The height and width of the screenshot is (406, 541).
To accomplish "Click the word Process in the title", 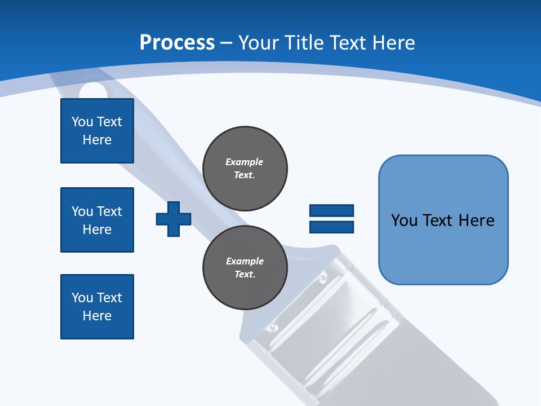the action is [x=177, y=43].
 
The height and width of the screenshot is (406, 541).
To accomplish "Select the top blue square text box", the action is [x=97, y=131].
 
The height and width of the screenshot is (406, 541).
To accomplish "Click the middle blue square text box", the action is [x=97, y=220].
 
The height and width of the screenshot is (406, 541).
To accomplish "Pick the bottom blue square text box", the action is [x=97, y=307].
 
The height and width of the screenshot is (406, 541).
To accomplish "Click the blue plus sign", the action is [x=174, y=219].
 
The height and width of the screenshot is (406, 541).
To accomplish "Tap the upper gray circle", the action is [x=245, y=169].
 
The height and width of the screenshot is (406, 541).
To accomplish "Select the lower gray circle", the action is [x=245, y=267].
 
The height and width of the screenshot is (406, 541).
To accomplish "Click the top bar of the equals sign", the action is [x=331, y=210].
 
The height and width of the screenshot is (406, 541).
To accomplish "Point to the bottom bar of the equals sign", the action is [x=331, y=227].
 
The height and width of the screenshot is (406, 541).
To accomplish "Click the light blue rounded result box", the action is [x=444, y=220].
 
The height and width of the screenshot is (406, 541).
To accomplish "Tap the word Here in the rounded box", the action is [x=477, y=220].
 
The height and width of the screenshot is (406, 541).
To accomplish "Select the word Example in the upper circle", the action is [x=244, y=162].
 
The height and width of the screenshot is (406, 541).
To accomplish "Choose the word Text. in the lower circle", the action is [x=245, y=274].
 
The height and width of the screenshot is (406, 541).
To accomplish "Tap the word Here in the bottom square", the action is [x=97, y=316].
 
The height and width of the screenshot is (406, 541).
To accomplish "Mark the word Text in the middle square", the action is [x=109, y=211].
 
